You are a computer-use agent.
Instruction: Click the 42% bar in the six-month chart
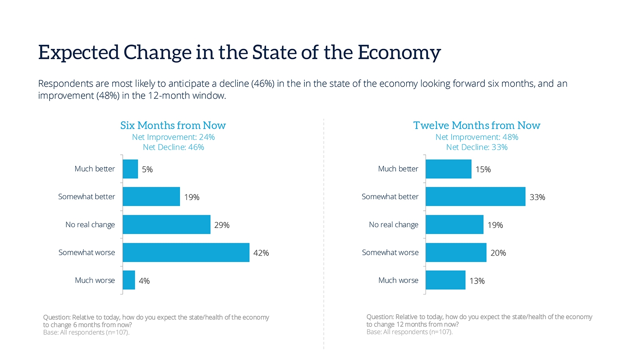tap(186, 252)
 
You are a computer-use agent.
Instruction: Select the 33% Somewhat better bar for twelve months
tap(475, 196)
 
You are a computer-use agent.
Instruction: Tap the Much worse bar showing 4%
tap(129, 280)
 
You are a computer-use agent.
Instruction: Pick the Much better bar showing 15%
tap(448, 169)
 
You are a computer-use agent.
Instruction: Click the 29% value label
tap(222, 225)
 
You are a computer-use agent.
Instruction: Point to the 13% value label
tap(477, 281)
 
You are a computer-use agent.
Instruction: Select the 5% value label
tap(147, 170)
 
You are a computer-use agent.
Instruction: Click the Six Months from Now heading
tap(173, 126)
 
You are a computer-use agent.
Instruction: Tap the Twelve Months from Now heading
tap(476, 126)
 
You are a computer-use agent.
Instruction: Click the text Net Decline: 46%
tap(173, 147)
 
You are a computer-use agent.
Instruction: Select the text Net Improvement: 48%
tap(476, 137)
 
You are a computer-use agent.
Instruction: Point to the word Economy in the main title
tap(399, 53)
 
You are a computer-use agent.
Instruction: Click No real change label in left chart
tap(90, 225)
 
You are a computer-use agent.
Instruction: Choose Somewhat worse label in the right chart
tap(390, 252)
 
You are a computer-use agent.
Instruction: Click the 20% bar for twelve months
tap(456, 252)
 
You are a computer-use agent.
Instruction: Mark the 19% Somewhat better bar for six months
tap(151, 196)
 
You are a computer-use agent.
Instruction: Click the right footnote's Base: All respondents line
tap(409, 332)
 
